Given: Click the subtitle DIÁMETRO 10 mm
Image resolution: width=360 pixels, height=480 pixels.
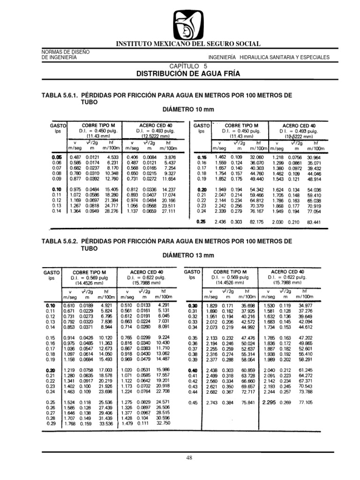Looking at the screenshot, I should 187,109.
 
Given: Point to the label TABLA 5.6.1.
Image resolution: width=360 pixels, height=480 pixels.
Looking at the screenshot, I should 59,95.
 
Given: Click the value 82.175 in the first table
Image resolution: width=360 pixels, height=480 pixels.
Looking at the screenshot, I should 248,221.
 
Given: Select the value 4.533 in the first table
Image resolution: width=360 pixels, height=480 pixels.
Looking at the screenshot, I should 113,157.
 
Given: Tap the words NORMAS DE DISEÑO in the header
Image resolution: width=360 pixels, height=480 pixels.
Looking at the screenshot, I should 62,52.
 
